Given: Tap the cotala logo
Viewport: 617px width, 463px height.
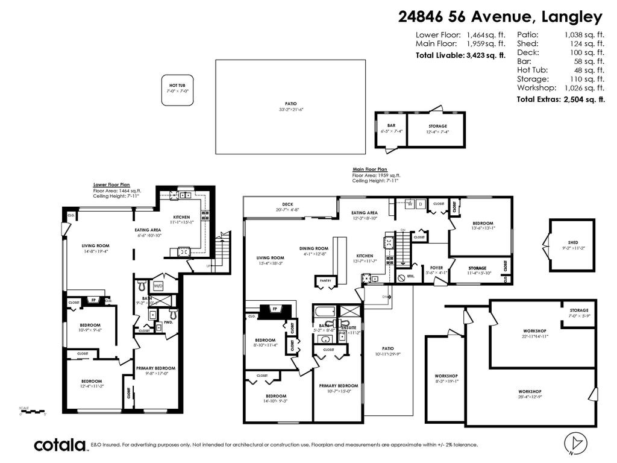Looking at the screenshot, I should pyautogui.click(x=59, y=445).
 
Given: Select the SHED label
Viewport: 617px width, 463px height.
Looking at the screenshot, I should pyautogui.click(x=573, y=242).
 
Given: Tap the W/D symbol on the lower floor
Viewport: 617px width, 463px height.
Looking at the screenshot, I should pyautogui.click(x=158, y=286).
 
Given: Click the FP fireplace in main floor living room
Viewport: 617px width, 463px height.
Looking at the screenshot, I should pyautogui.click(x=275, y=309).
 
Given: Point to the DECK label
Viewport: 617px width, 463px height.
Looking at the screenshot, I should pyautogui.click(x=287, y=204).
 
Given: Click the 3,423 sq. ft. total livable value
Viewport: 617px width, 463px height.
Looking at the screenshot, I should pyautogui.click(x=486, y=55).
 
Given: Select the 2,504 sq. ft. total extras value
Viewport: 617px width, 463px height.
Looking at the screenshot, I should pyautogui.click(x=583, y=99).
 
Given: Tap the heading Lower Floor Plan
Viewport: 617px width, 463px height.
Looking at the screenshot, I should pyautogui.click(x=111, y=184).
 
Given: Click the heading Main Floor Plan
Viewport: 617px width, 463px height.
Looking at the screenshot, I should pyautogui.click(x=369, y=169).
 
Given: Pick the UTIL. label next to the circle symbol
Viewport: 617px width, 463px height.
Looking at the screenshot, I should pyautogui.click(x=412, y=278).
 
